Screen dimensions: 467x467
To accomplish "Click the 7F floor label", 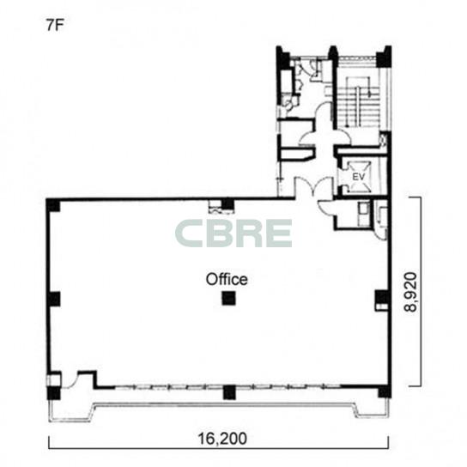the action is coord(55,25).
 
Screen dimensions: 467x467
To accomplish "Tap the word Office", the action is coord(227,279).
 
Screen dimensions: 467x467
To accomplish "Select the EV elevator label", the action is coord(358,177).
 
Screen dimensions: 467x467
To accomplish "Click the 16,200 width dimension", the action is coord(222,439).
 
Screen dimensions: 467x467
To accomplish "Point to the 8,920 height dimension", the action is coord(411,292).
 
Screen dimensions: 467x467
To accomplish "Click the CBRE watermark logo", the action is coord(233,233).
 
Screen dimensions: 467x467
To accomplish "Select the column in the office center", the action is coord(228,298).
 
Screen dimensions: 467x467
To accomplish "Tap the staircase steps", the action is coord(359,102).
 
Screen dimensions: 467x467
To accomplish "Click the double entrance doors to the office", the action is coord(314,187).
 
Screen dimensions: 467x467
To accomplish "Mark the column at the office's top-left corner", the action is coord(53,206).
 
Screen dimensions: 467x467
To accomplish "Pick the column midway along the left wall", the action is coord(54,299).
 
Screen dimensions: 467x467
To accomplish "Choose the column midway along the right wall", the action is coord(382,297).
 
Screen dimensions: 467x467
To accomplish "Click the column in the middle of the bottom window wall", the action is coord(229,392).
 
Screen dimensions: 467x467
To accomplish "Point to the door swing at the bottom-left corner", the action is coord(71,380).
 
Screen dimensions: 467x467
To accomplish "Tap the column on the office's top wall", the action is coord(227,204).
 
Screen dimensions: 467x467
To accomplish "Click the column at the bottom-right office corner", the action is coord(385,391).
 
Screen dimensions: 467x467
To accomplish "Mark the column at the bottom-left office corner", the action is coord(53,393).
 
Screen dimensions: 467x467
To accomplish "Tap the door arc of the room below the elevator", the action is coord(326,209).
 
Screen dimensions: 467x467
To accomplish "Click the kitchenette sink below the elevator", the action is coord(364,209).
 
